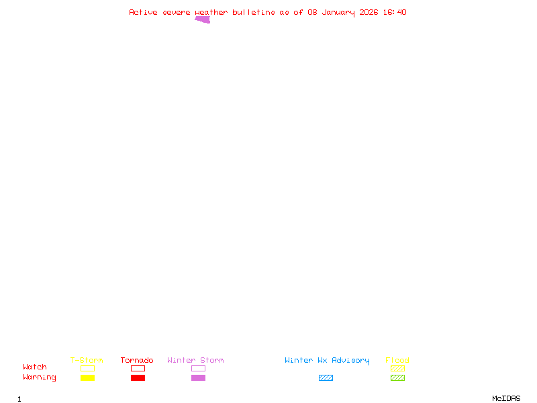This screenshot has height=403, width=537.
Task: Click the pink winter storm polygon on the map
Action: [x=203, y=19]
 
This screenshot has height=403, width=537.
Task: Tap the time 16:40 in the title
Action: [x=395, y=12]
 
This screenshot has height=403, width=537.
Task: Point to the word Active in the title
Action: [x=144, y=12]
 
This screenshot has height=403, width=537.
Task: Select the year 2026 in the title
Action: [x=369, y=12]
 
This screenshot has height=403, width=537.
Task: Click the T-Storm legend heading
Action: [x=87, y=360]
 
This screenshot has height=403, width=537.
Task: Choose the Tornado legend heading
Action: [x=137, y=360]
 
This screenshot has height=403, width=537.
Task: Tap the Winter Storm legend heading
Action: [x=195, y=360]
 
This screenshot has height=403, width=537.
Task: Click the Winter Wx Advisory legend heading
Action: [x=327, y=360]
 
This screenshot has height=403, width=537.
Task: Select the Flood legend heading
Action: [x=397, y=360]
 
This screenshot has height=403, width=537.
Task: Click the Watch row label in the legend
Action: [x=35, y=367]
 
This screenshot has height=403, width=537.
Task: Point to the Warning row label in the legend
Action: [x=40, y=377]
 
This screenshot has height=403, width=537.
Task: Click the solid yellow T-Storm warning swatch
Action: [x=87, y=377]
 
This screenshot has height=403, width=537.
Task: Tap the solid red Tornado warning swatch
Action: [x=138, y=377]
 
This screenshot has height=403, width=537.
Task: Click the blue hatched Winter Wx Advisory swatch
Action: [x=326, y=377]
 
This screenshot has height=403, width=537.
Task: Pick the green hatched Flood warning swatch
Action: [x=397, y=377]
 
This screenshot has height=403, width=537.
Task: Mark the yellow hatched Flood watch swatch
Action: [x=397, y=368]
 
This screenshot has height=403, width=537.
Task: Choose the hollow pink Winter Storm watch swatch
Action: [x=198, y=368]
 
